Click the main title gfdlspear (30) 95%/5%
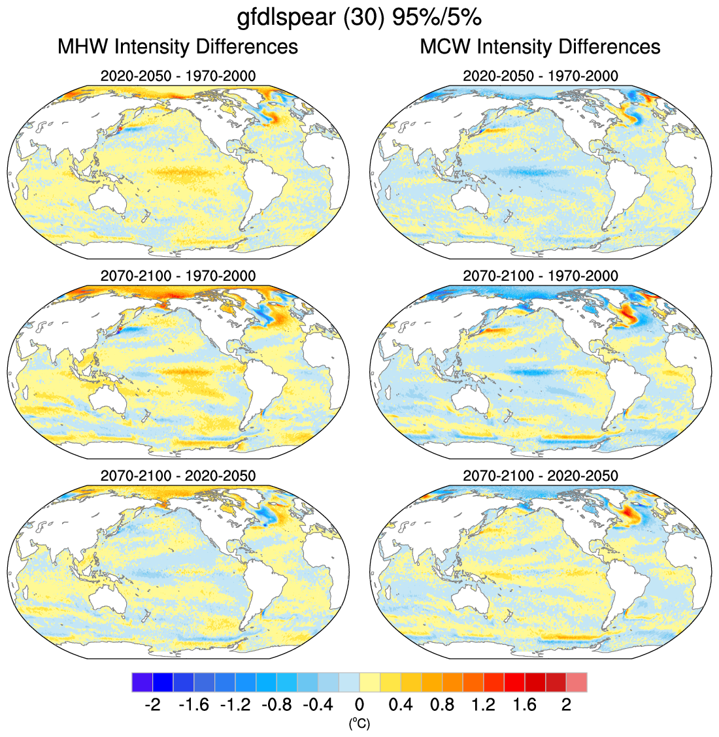coord(359,18)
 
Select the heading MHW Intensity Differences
coord(178,47)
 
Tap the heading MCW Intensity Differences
coord(540,47)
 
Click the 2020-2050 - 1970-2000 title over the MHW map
coord(178,76)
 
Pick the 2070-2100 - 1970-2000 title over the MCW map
coord(540,276)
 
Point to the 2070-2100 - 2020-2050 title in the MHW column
coord(178,476)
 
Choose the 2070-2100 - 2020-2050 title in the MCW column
coord(540,476)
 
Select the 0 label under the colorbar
coord(359,705)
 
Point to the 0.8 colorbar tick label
coord(442,705)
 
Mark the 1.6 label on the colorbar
coord(525,705)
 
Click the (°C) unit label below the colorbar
coord(359,723)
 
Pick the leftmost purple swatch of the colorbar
coord(142,682)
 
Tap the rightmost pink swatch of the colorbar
coord(577,682)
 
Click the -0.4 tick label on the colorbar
coord(318,705)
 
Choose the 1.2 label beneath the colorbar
coord(484,705)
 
